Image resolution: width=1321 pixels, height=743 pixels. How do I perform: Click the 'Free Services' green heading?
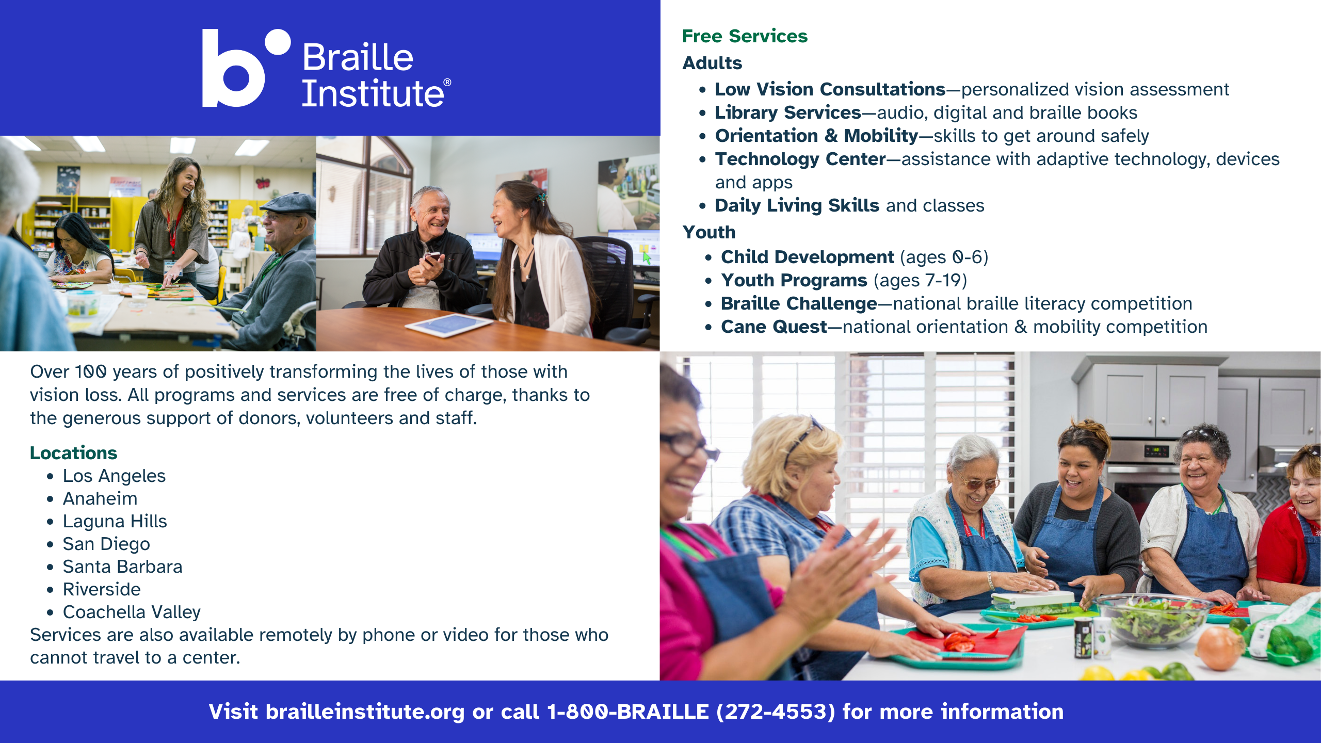point(745,36)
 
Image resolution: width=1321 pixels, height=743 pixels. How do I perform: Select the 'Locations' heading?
point(73,453)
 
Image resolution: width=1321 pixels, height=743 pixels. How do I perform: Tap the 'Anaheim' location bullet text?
point(100,498)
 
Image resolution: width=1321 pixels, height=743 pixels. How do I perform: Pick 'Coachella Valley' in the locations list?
point(132,612)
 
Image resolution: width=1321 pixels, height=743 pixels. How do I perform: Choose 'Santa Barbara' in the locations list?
point(122,567)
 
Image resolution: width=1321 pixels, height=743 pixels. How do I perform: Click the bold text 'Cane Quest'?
point(774,327)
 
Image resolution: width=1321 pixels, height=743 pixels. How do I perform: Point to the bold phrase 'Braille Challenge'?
point(799,303)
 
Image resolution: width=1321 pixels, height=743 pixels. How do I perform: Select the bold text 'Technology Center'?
point(800,159)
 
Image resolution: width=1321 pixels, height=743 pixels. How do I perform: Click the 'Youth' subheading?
point(709,232)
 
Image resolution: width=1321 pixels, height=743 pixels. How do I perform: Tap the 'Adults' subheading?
point(712,63)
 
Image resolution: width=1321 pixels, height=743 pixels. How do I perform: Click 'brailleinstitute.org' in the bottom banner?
point(365,712)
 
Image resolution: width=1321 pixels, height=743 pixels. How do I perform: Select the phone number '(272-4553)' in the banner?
point(776,712)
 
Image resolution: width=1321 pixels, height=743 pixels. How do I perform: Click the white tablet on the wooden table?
point(448,325)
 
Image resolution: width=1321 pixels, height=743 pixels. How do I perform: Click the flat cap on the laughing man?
point(288,204)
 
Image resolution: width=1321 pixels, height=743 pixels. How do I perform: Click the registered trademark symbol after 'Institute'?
point(447,82)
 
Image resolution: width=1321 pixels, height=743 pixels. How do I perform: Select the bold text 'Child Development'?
point(808,257)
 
